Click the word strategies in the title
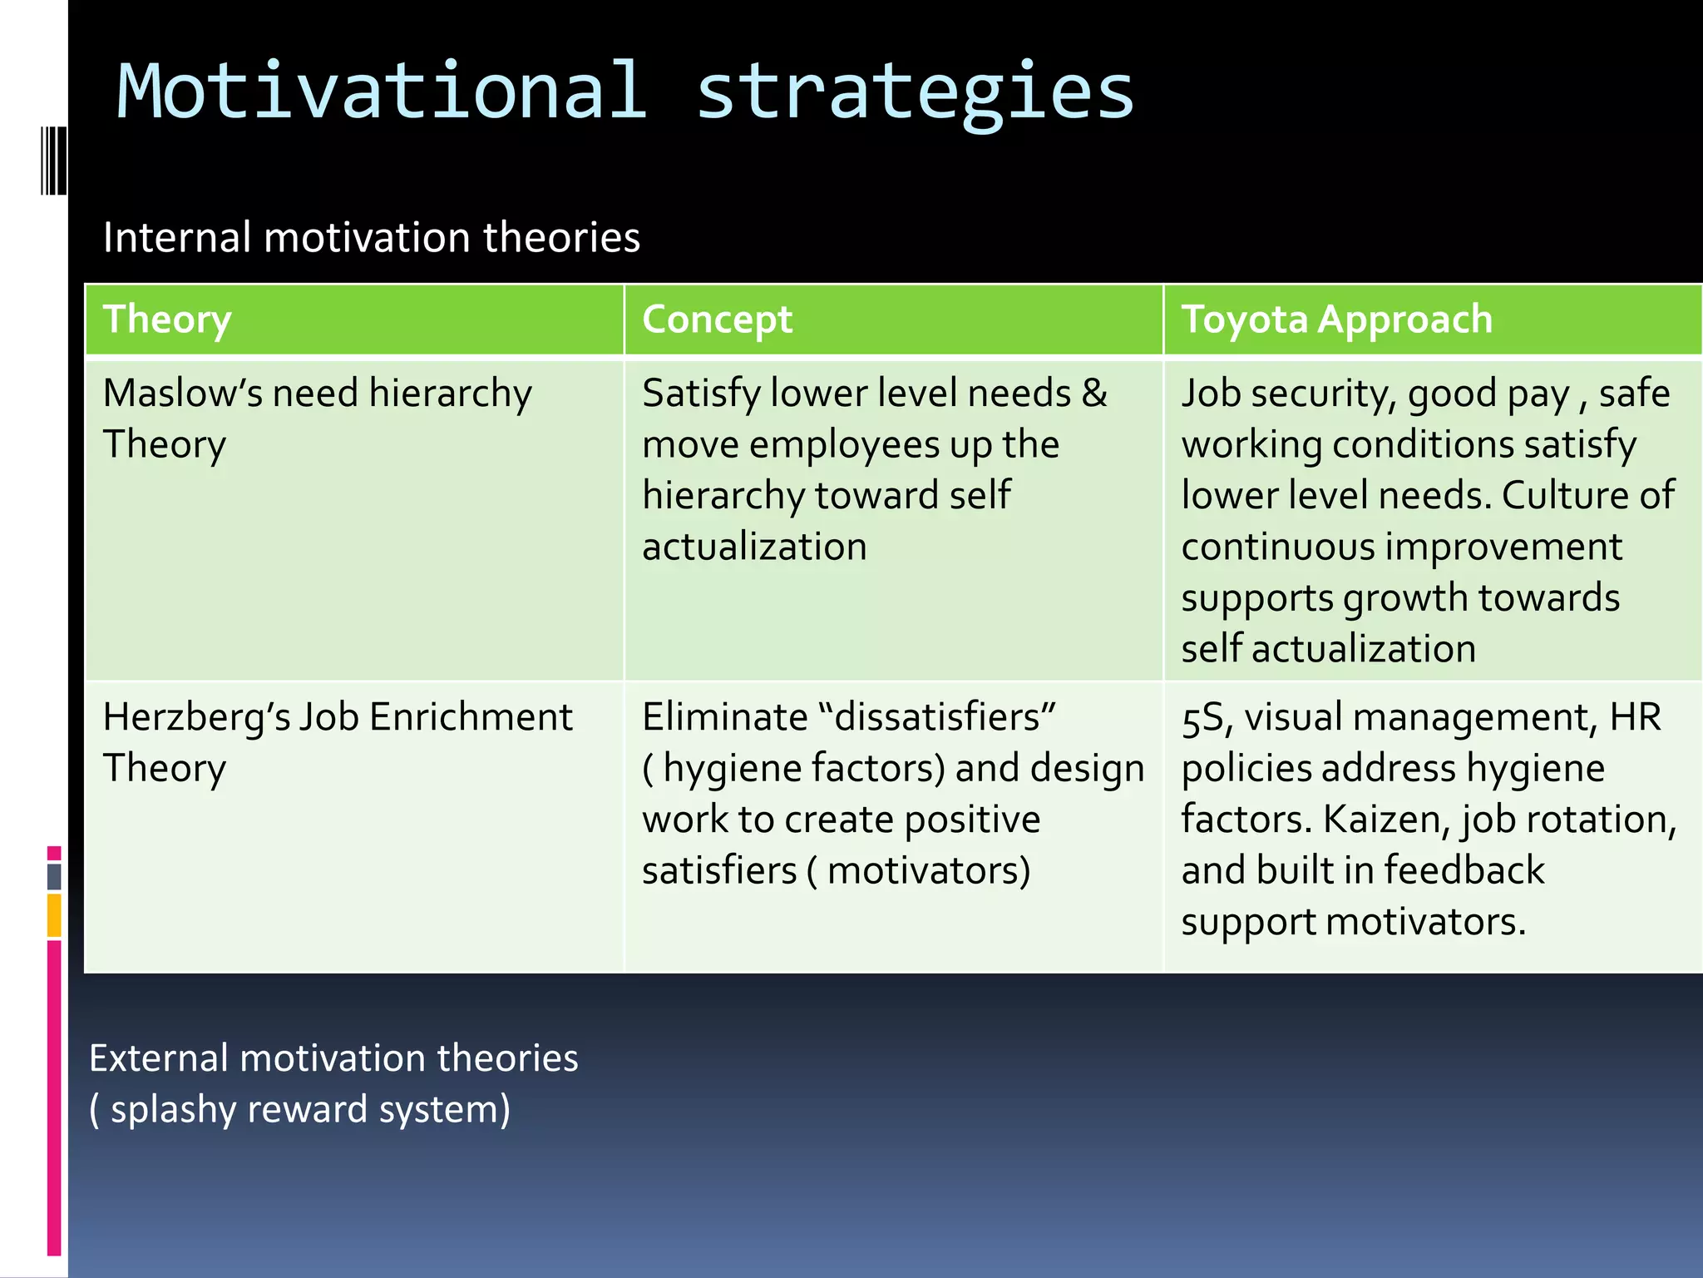915,93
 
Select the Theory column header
167,319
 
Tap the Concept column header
717,319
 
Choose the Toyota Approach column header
1336,319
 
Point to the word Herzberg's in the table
196,717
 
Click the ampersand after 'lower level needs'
1094,393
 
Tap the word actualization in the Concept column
754,547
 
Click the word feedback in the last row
1464,870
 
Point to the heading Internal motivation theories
371,237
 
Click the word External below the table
159,1058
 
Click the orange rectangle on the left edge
54,914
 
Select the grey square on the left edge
54,876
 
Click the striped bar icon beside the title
53,160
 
